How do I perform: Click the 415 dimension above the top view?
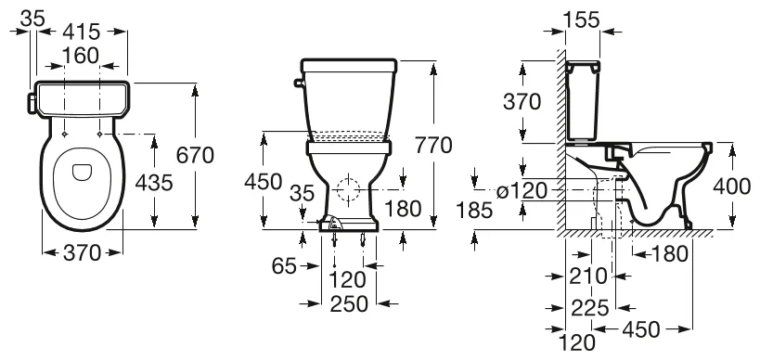click(81, 32)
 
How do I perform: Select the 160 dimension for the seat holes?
click(81, 56)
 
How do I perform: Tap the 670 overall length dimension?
click(195, 156)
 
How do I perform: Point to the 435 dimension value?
click(154, 183)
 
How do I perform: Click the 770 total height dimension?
click(433, 145)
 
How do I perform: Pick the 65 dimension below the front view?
click(284, 265)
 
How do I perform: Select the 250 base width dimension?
click(349, 303)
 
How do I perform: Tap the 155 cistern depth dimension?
click(582, 19)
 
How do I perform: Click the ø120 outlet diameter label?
click(522, 191)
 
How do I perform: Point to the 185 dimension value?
click(474, 210)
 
